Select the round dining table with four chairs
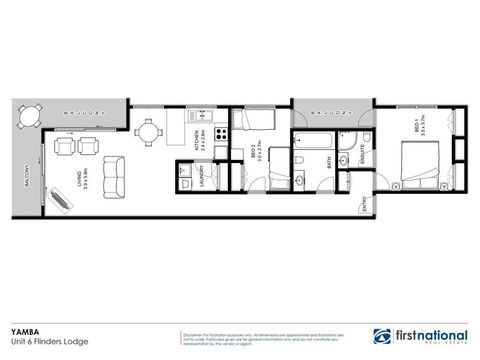pyautogui.click(x=149, y=131)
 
